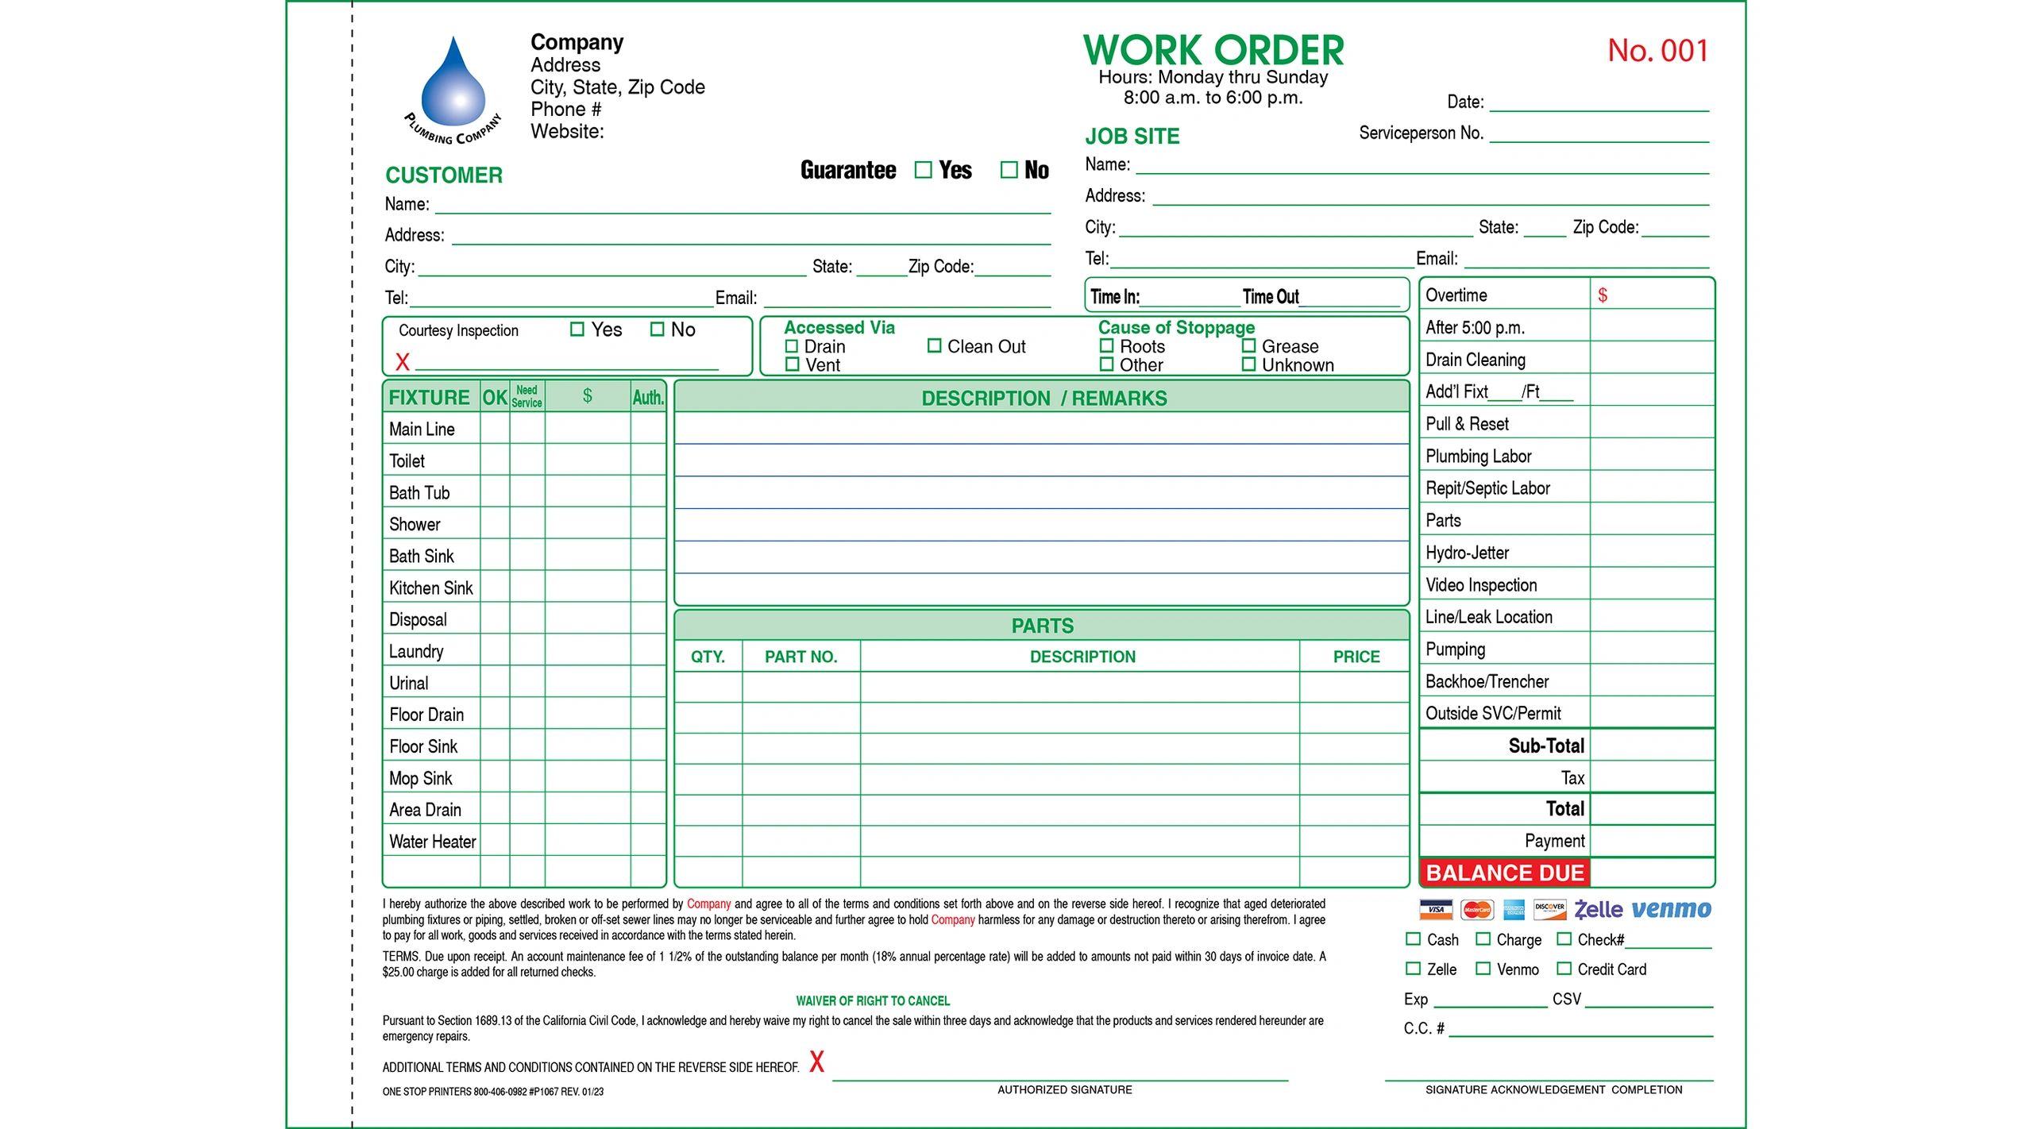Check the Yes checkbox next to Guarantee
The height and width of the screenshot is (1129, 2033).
click(922, 170)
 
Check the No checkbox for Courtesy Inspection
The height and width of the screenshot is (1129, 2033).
click(657, 329)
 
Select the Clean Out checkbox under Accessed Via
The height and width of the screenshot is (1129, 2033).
click(934, 346)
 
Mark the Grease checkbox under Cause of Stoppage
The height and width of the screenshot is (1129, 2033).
click(1248, 346)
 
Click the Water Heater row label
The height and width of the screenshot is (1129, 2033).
click(432, 842)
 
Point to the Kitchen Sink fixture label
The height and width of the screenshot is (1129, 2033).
click(430, 588)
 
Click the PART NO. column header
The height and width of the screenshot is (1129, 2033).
click(800, 657)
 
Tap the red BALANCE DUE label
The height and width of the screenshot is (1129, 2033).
click(1504, 873)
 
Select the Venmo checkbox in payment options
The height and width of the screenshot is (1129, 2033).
click(1483, 969)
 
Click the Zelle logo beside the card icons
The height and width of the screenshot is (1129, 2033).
click(1598, 910)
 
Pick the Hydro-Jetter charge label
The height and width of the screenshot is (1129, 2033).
click(1467, 553)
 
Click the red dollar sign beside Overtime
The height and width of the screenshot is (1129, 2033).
click(1602, 295)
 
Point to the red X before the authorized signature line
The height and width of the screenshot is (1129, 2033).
click(816, 1062)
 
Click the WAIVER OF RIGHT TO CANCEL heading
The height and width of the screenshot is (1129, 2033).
click(872, 1001)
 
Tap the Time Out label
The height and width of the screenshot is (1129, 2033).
click(1270, 297)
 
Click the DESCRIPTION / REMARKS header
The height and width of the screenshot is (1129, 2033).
click(1044, 399)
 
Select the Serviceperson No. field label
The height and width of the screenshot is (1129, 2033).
click(1421, 133)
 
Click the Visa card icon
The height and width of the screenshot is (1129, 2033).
click(1436, 910)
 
